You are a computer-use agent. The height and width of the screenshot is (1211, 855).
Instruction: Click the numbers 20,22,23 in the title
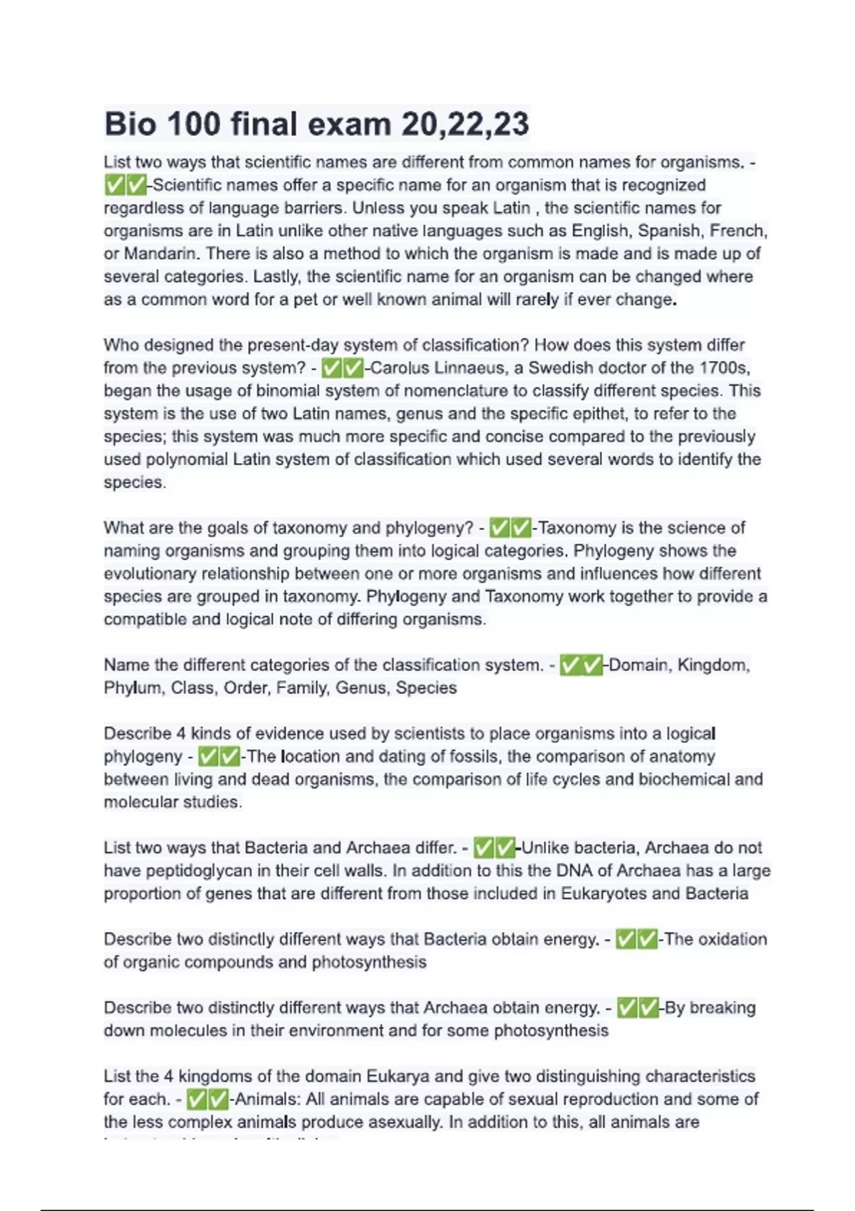[465, 124]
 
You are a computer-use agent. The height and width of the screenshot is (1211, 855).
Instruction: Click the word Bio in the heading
[130, 124]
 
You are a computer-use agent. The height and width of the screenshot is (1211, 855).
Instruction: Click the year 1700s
[724, 368]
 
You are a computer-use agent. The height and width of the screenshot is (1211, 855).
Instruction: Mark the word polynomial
[187, 459]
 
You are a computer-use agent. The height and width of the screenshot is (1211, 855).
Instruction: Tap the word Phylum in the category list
[133, 688]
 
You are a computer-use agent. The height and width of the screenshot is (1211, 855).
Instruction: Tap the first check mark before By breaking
[627, 1007]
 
